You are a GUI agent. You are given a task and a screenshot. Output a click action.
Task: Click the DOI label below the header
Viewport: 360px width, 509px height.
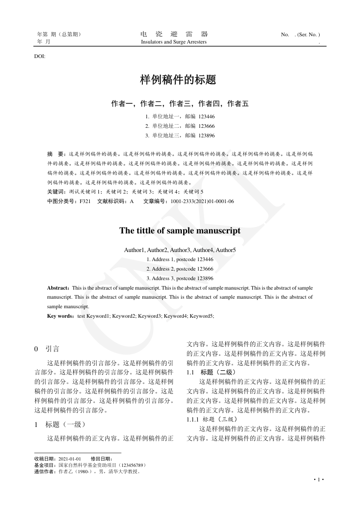(x=40, y=56)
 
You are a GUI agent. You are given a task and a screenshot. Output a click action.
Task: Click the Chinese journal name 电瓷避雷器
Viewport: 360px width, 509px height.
(x=174, y=34)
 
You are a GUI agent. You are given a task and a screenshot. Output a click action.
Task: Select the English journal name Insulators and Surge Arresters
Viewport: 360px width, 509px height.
(x=174, y=42)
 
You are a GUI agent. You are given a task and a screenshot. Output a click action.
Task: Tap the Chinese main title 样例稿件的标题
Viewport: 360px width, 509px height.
(x=178, y=80)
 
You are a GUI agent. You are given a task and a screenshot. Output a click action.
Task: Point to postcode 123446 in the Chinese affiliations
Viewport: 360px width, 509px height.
(x=207, y=116)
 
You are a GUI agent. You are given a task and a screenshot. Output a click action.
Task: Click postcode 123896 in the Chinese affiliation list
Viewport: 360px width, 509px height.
(x=207, y=136)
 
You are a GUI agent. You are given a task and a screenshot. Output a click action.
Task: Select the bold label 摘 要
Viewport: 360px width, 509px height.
(x=56, y=154)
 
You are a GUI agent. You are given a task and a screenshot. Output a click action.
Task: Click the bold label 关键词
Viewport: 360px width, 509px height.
(x=56, y=192)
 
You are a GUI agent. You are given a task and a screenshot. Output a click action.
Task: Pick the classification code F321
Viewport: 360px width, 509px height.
(x=85, y=201)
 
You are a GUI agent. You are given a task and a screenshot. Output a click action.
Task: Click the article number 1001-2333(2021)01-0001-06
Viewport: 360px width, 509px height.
(x=202, y=201)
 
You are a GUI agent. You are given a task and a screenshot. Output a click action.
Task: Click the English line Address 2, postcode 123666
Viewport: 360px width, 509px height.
(x=180, y=269)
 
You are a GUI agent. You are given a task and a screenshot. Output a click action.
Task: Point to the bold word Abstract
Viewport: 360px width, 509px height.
(x=58, y=288)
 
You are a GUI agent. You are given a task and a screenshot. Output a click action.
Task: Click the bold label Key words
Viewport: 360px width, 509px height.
(x=61, y=316)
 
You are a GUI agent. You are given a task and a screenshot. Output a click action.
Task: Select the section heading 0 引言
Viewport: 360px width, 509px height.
(x=47, y=349)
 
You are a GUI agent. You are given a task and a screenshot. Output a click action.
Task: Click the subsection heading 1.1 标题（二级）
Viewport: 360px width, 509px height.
(x=211, y=372)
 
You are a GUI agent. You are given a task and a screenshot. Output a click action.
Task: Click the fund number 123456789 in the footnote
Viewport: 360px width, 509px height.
(x=131, y=465)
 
